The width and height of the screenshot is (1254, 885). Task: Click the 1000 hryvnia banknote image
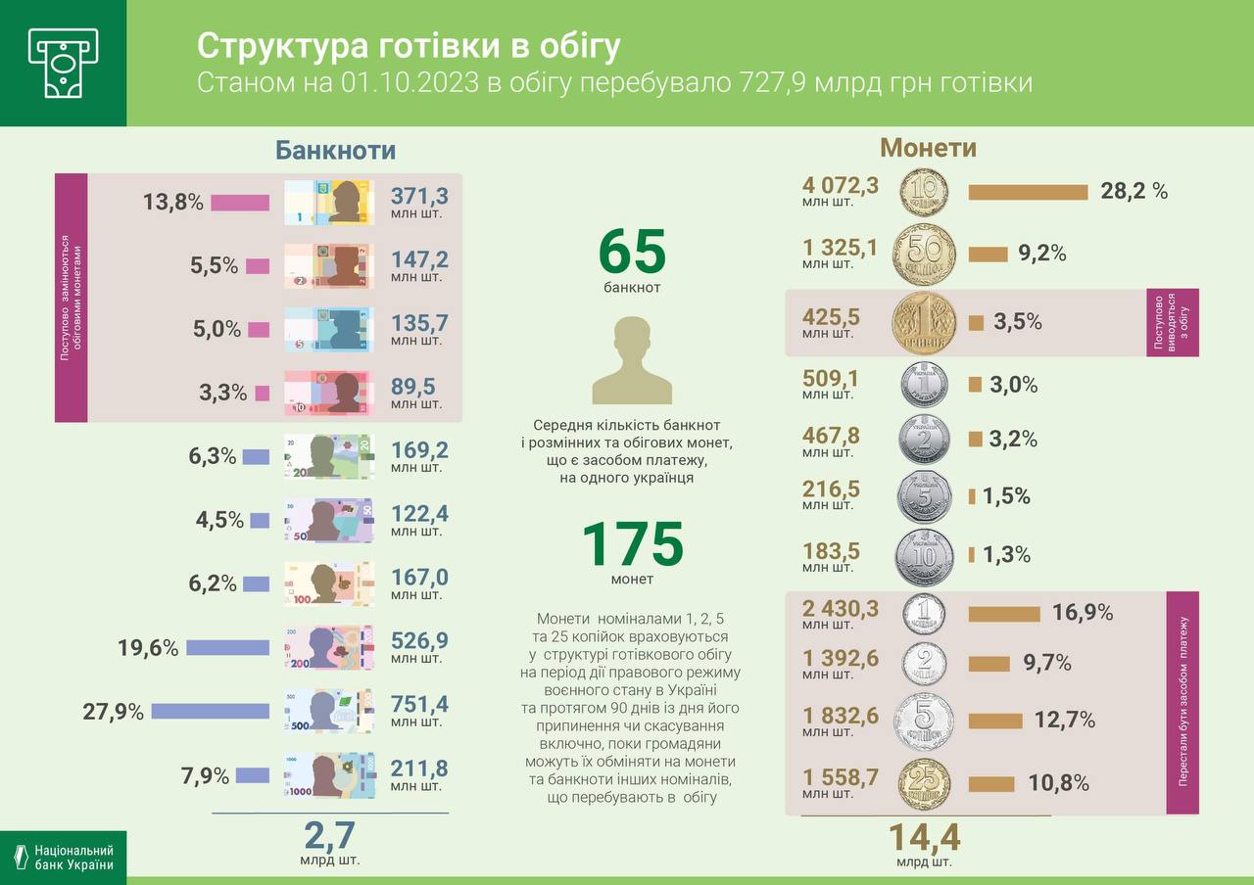click(x=329, y=776)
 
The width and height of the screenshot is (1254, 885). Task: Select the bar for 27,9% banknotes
click(x=210, y=712)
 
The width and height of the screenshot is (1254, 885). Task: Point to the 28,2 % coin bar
click(x=1028, y=192)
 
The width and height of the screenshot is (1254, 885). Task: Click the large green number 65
click(x=632, y=253)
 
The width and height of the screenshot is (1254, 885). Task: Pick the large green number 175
click(x=632, y=545)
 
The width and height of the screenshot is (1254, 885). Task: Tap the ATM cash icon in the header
click(x=63, y=63)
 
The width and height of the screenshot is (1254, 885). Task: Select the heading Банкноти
click(x=335, y=150)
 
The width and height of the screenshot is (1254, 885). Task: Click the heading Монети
click(x=928, y=148)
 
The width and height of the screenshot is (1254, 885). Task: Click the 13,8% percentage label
click(x=172, y=203)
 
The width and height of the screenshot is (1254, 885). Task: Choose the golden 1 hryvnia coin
click(x=923, y=322)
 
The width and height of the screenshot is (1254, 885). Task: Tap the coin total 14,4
click(x=924, y=839)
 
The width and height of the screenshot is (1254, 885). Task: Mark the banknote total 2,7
click(x=329, y=837)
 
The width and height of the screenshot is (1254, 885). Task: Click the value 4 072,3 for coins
click(x=841, y=185)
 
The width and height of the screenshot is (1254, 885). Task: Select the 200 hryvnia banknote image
click(x=329, y=647)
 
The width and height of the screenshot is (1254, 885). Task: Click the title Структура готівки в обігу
click(x=409, y=46)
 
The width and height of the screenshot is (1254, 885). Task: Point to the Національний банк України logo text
click(x=73, y=858)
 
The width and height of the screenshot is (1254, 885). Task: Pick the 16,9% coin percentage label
click(x=1083, y=613)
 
